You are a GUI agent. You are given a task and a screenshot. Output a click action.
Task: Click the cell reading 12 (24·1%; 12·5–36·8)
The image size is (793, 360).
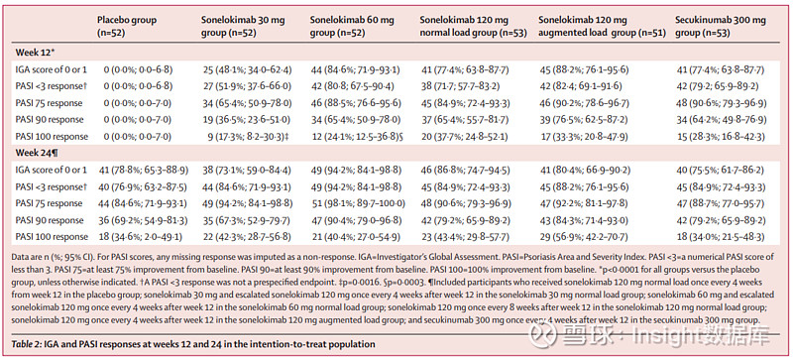[x=358, y=136]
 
